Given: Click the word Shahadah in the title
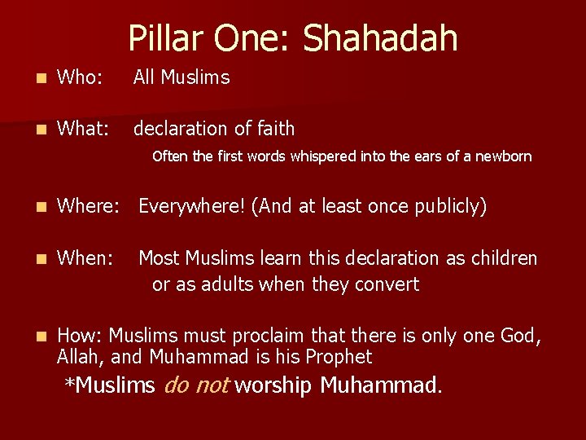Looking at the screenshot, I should coord(380,38).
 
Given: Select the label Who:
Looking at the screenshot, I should coord(80,77).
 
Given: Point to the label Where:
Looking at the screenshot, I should coord(89,207).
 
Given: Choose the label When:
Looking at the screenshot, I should coord(85,258).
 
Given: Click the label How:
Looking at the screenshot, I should coord(80,336).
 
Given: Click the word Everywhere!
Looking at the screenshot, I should coord(191,207).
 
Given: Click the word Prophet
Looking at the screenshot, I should coord(339,357).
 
